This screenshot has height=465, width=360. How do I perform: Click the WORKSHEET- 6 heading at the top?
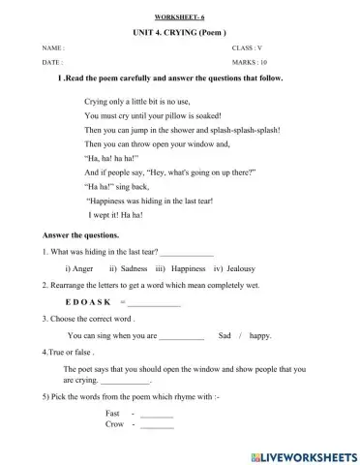pos(179,18)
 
